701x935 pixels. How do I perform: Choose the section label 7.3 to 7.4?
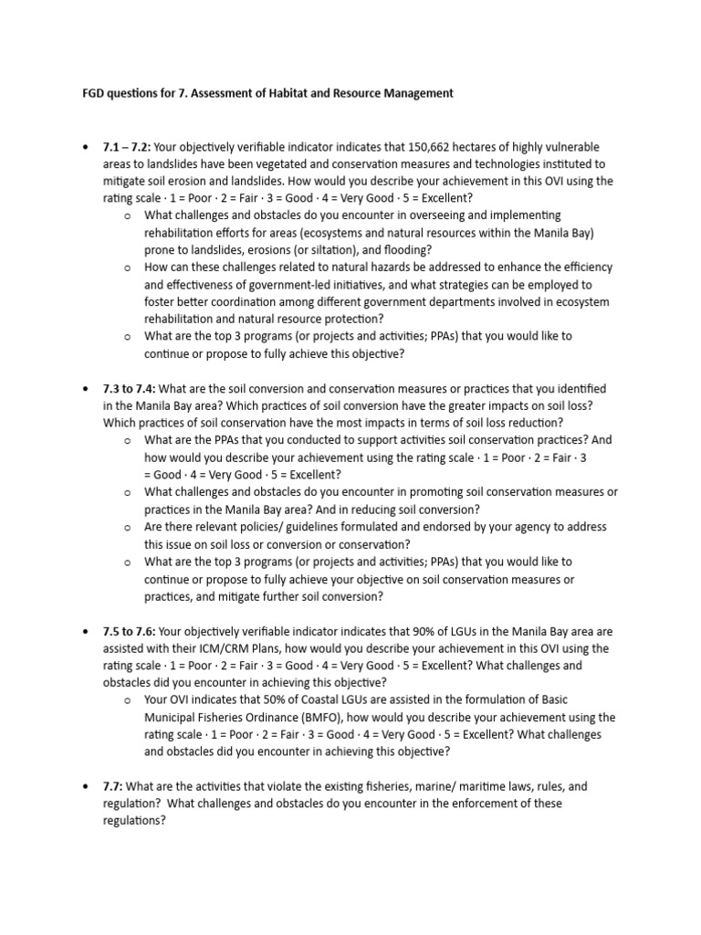pos(133,389)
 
